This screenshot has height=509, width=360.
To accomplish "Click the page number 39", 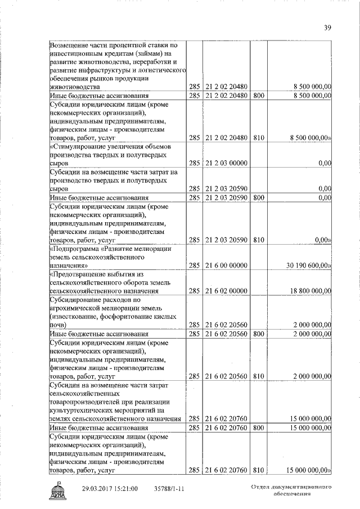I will pyautogui.click(x=328, y=28).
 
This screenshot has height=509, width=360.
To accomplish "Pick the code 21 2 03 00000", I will pyautogui.click(x=227, y=163).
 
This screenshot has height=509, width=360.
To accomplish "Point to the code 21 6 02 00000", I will pyautogui.click(x=227, y=291).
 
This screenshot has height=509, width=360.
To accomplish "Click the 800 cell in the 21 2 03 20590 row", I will pyautogui.click(x=258, y=197).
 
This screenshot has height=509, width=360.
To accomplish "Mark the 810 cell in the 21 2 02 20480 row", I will pyautogui.click(x=258, y=137).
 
